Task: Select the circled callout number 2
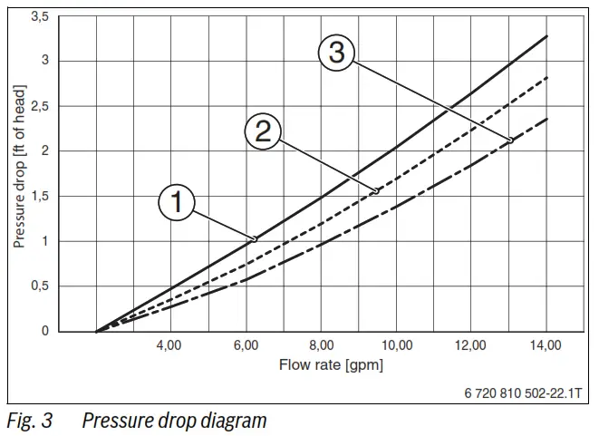click(x=263, y=132)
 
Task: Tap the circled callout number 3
click(x=337, y=53)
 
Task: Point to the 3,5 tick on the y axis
click(x=40, y=16)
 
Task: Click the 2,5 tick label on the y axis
click(x=40, y=106)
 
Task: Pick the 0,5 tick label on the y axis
click(x=40, y=286)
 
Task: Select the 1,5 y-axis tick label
click(x=40, y=196)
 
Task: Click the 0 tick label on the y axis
click(x=45, y=331)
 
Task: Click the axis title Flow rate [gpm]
click(x=333, y=365)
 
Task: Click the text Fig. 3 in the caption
click(x=29, y=421)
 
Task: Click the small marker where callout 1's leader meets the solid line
click(x=254, y=238)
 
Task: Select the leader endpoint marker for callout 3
click(x=510, y=140)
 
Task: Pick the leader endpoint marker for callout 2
click(x=376, y=191)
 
